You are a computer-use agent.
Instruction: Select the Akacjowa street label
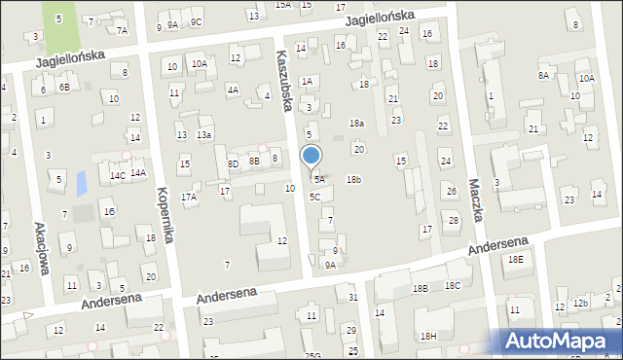pos(41,248)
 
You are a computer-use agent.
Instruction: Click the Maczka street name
pos(476,198)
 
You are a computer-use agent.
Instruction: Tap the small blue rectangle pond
pos(81,182)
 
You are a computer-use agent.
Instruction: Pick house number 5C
pos(314,197)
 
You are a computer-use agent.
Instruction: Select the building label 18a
pos(356,124)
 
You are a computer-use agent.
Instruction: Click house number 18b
pos(354,179)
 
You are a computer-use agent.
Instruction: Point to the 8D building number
pos(233,164)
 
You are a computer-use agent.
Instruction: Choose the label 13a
pos(203,135)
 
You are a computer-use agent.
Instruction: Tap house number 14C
pos(117,175)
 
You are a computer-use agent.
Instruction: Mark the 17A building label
pos(189,197)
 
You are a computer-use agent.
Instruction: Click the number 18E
pos(515,259)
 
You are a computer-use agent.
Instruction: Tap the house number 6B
pos(63,88)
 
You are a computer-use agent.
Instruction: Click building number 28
pos(453,220)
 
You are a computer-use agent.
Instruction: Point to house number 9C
pos(196,22)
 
